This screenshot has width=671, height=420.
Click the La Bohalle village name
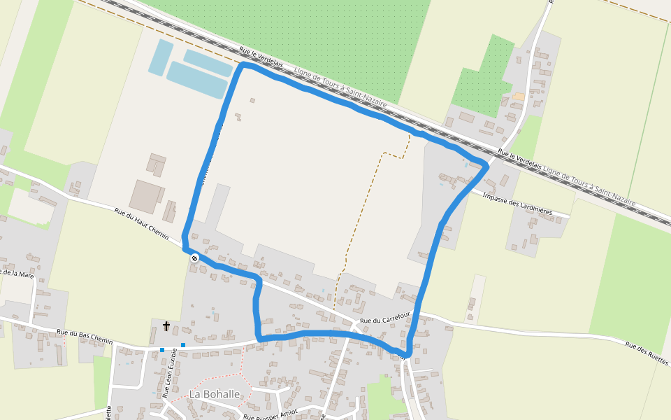pyautogui.click(x=214, y=395)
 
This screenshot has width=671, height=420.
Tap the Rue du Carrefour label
pyautogui.click(x=384, y=321)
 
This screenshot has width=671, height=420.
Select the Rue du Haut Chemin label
pyautogui.click(x=141, y=224)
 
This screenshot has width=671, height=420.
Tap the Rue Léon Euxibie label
pyautogui.click(x=170, y=374)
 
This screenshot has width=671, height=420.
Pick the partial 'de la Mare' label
pyautogui.click(x=17, y=273)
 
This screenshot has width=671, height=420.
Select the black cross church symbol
pyautogui.click(x=166, y=325)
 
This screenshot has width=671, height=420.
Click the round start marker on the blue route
pyautogui.click(x=194, y=258)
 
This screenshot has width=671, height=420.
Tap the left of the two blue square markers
pyautogui.click(x=162, y=350)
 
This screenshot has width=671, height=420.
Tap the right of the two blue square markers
pyautogui.click(x=183, y=345)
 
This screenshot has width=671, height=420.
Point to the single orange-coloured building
pyautogui.click(x=518, y=97)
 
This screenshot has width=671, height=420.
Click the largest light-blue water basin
pyautogui.click(x=196, y=81)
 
